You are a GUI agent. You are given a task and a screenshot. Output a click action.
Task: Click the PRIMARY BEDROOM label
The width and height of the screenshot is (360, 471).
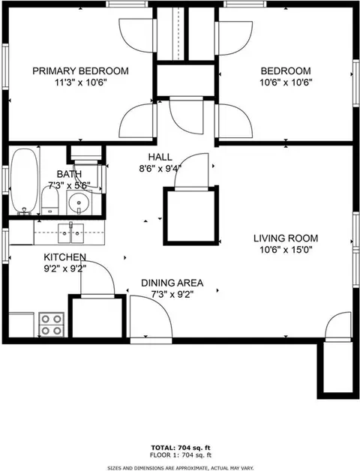80,71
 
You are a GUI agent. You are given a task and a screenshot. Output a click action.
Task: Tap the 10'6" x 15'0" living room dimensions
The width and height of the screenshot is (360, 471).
286,250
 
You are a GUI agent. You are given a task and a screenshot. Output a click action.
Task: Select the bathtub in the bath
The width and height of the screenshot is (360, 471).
25,181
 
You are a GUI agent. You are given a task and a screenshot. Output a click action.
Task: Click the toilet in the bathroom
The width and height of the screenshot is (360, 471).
50,200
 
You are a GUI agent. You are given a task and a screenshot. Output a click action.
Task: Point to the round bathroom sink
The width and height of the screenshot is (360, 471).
79,203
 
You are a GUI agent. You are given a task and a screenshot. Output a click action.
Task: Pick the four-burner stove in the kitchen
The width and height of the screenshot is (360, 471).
52,325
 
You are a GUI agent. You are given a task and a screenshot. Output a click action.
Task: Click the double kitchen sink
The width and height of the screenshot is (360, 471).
71,233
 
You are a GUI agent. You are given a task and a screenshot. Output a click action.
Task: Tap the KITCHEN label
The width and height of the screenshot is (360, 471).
65,257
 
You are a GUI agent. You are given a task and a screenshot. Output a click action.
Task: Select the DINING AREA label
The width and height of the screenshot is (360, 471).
172,283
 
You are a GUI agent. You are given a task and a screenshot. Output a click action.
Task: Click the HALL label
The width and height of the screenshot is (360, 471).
160,157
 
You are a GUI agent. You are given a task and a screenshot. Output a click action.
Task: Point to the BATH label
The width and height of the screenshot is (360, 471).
69,174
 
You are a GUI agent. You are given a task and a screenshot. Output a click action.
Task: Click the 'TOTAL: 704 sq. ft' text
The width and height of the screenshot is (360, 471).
181,448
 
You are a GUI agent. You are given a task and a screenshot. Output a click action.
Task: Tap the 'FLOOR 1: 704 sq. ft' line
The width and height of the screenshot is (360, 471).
181,455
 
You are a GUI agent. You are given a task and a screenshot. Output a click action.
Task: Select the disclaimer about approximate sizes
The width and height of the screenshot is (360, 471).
181,468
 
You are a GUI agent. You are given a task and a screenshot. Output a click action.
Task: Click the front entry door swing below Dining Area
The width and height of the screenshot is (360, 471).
151,316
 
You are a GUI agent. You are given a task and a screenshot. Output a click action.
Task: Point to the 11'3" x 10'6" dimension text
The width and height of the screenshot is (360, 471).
81,82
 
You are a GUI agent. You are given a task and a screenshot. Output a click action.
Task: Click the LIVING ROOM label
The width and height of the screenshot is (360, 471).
286,238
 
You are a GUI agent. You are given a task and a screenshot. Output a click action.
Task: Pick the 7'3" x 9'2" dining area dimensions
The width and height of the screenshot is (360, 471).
172,294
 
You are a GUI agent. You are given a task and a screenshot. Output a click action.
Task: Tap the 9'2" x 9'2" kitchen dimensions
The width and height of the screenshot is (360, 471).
65,268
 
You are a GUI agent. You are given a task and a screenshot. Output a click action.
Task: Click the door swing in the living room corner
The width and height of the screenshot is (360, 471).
338,325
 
